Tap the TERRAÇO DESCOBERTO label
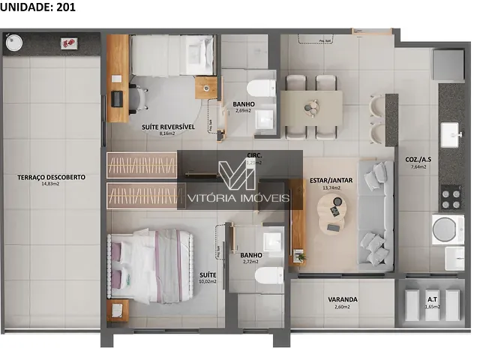(52, 177)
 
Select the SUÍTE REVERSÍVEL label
(168, 127)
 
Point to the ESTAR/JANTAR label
(331, 181)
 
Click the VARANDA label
(343, 299)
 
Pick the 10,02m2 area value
(208, 282)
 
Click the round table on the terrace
(15, 43)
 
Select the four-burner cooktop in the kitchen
(450, 198)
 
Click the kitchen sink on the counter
(451, 136)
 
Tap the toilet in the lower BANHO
(267, 278)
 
